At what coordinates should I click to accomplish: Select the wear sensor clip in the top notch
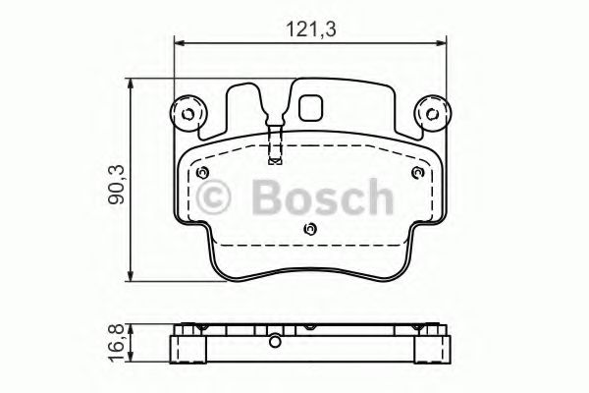[x=275, y=137]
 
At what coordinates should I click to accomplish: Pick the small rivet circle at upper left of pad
[x=202, y=174]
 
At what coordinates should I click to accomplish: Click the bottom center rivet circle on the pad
[x=309, y=231]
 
